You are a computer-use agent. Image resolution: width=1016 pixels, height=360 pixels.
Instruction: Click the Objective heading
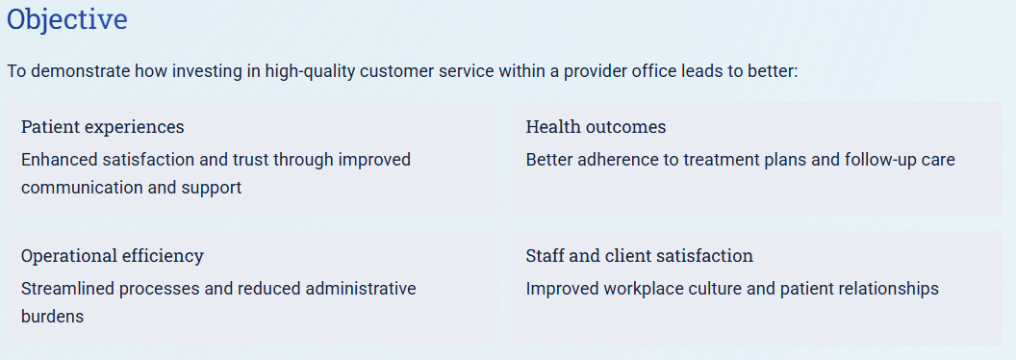tap(67, 20)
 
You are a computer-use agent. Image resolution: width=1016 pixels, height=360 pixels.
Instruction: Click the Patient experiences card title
tap(102, 127)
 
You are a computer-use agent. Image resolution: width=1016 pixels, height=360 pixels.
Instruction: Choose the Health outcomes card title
tap(596, 127)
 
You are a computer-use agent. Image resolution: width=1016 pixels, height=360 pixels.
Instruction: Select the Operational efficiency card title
tap(113, 256)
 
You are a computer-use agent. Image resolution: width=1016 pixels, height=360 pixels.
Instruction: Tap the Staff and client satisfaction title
tap(639, 256)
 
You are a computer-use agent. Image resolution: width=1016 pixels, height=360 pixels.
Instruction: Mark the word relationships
tap(889, 289)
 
